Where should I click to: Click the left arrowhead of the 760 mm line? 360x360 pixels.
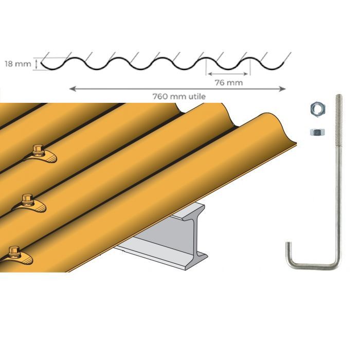coord(71,89)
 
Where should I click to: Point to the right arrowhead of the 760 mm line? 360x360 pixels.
coord(282,89)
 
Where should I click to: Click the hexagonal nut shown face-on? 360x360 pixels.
coord(316,109)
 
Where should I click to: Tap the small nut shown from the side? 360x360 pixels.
coord(316,132)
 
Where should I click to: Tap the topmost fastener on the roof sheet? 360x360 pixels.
coord(38,151)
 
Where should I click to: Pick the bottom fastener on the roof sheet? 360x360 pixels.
coord(14,252)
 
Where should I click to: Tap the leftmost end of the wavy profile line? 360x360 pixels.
coord(41,63)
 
